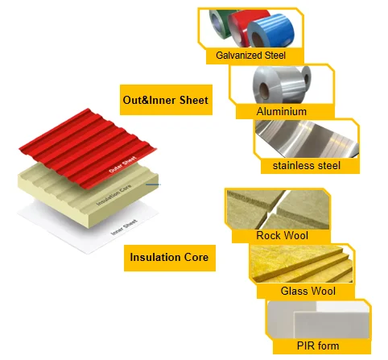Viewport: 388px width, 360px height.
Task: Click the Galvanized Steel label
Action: click(250, 56)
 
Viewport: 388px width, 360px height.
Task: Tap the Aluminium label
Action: click(281, 111)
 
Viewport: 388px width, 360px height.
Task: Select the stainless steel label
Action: click(307, 165)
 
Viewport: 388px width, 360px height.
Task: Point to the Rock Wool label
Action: click(282, 235)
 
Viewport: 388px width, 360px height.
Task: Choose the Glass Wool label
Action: click(308, 291)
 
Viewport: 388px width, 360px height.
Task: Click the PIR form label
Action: click(318, 346)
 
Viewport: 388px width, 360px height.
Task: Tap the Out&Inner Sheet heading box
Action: click(166, 100)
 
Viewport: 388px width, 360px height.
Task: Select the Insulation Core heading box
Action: click(170, 258)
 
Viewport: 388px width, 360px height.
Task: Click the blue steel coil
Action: click(270, 31)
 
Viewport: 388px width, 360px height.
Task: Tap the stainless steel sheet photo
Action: click(307, 139)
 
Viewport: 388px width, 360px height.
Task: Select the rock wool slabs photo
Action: click(278, 209)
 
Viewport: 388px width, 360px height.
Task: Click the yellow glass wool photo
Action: click(301, 263)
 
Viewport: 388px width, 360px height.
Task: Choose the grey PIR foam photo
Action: click(319, 320)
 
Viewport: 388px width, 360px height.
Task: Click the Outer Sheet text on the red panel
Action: click(122, 164)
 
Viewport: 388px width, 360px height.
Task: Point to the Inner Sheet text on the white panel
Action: click(124, 227)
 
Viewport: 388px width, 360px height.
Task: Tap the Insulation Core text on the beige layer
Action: click(114, 195)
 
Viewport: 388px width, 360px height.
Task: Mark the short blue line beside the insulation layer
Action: click(153, 184)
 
